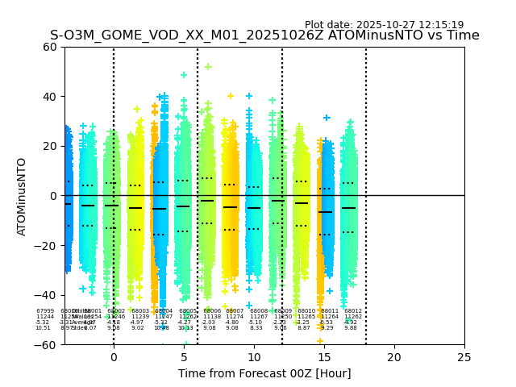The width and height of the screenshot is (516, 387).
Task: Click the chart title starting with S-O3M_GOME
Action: (264, 35)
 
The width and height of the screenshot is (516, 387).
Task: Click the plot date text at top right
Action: (384, 25)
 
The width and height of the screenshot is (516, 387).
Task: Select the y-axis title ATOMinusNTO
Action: (23, 196)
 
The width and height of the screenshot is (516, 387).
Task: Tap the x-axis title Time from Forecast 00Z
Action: (264, 373)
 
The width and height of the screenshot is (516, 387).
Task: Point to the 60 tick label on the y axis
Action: (49, 47)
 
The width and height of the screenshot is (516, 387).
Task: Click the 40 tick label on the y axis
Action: (49, 97)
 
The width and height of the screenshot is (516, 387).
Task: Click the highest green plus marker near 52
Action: (208, 67)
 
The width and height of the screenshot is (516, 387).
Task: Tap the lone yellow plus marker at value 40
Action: (231, 96)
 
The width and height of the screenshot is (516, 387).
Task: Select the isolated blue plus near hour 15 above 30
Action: (327, 118)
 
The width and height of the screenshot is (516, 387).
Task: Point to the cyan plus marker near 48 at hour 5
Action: (184, 75)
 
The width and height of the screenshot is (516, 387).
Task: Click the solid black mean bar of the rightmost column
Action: (348, 208)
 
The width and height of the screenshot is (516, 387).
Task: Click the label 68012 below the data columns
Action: (353, 311)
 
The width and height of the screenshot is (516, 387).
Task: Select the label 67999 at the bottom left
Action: (45, 311)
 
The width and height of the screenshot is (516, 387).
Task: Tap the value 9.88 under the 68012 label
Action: (351, 328)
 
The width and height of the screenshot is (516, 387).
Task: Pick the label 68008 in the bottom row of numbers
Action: (259, 311)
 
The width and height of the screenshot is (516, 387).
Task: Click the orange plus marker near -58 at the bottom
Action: (320, 341)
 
